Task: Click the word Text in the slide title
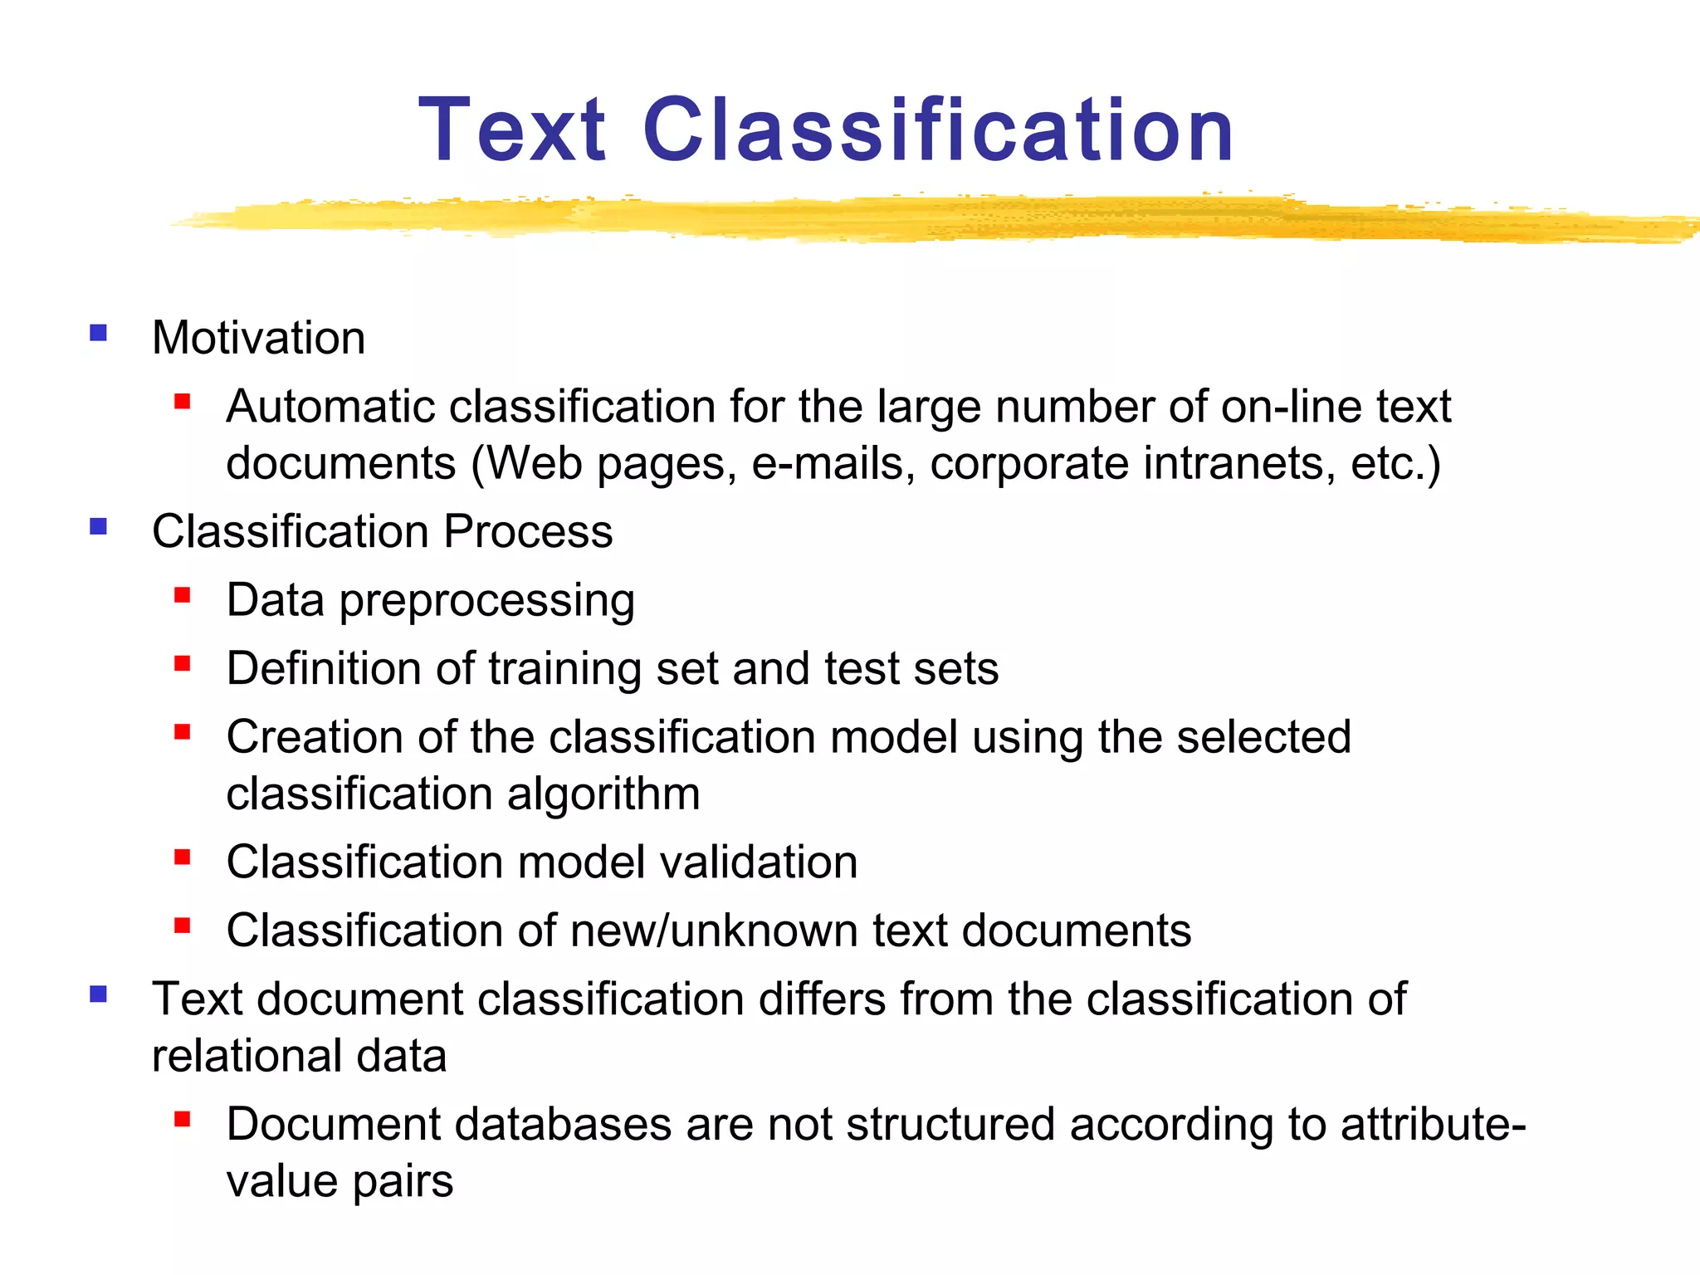pos(512,130)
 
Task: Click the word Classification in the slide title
pos(938,130)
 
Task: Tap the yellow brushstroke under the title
pos(913,217)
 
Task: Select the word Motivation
pos(258,338)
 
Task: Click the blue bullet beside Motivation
pos(99,334)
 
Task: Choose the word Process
pos(528,531)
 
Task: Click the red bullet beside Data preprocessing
pos(183,594)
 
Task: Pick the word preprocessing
pos(487,601)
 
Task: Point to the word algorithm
pos(603,794)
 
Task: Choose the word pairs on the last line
pos(403,1182)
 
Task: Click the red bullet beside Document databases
pos(183,1119)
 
